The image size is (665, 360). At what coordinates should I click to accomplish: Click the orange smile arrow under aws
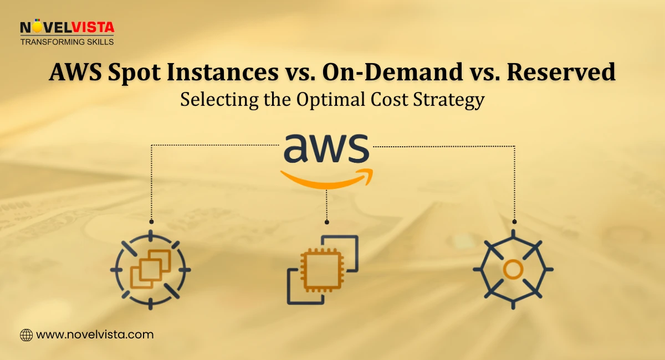point(326,178)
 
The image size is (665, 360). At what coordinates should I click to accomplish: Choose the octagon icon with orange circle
point(513,270)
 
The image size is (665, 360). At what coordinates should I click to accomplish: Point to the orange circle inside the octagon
point(513,270)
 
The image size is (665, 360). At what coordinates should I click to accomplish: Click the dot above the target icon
point(151,222)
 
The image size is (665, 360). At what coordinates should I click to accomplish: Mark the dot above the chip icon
point(327,222)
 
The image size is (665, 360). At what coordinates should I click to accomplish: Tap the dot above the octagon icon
point(514,222)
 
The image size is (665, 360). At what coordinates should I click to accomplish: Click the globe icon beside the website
point(26,335)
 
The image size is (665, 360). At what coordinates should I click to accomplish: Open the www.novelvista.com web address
point(95,335)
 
